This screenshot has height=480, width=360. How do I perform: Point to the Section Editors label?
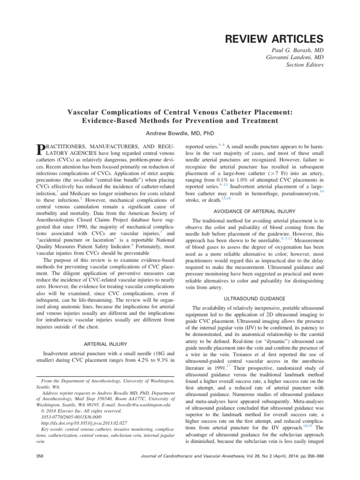[305, 65]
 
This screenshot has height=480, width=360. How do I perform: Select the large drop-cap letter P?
[40, 150]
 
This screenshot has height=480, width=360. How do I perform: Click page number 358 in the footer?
[40, 456]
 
